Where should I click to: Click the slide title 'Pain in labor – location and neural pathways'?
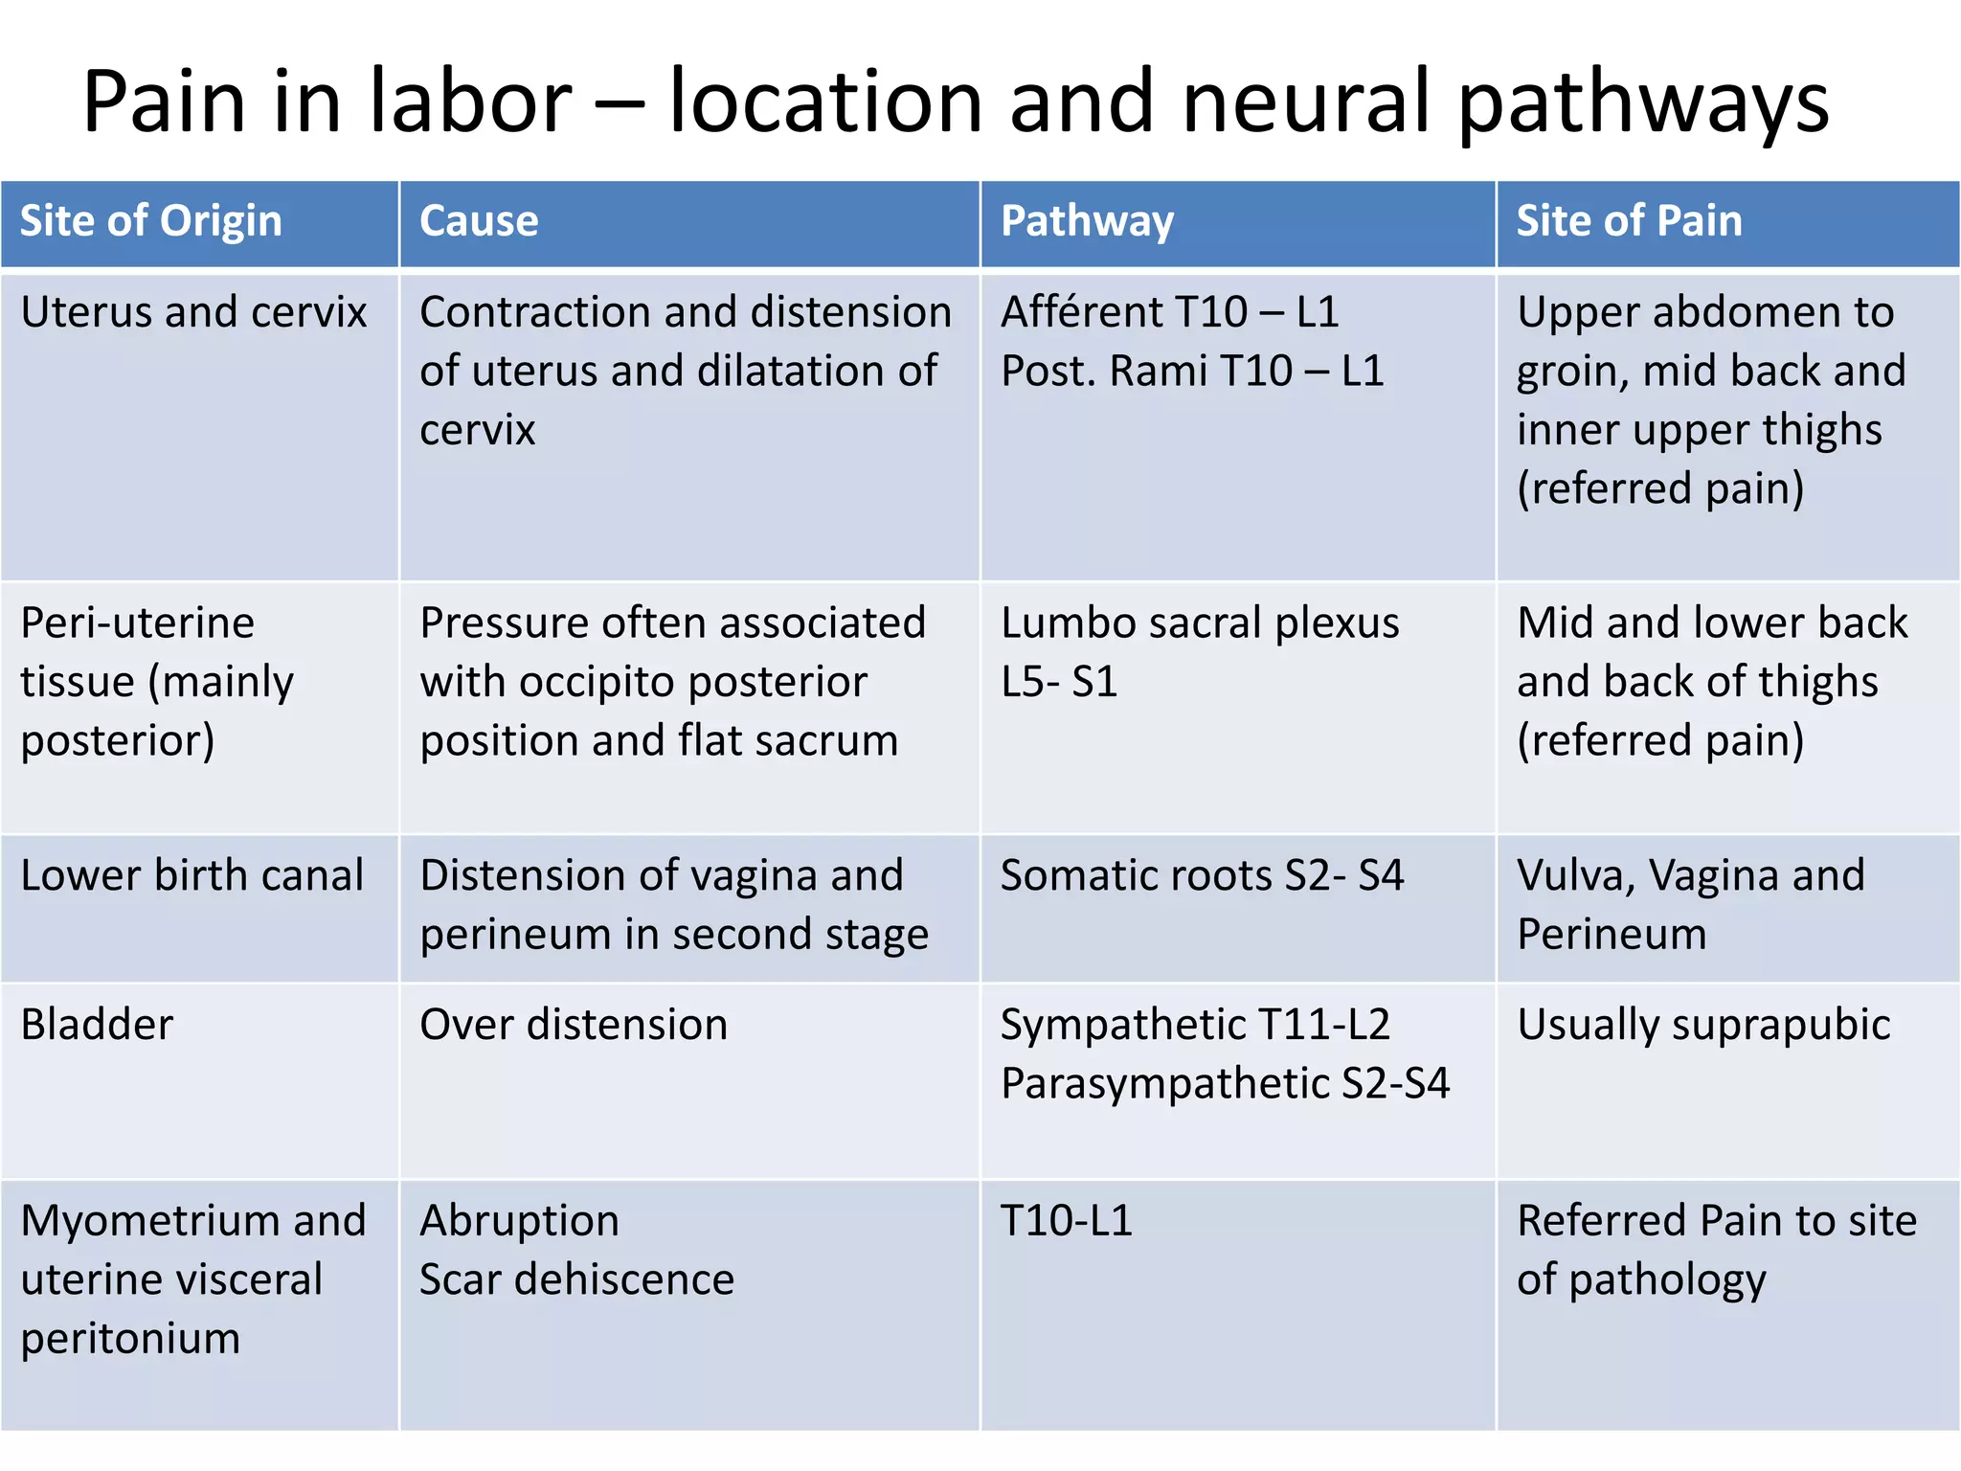(956, 102)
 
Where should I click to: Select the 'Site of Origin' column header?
(151, 221)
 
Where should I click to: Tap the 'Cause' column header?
(479, 221)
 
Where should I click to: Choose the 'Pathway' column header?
(1087, 222)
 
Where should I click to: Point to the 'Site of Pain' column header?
(1629, 221)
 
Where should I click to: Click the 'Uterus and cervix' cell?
(193, 312)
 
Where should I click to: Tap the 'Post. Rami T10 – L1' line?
(1192, 372)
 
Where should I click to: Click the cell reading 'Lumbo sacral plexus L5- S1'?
(1200, 652)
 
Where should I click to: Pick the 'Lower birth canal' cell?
(192, 875)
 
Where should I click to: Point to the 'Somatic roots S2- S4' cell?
(1202, 875)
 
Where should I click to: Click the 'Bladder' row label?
(97, 1025)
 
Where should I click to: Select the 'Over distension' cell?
(574, 1025)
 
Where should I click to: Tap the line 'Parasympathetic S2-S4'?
(1225, 1084)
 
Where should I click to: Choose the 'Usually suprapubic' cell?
(1703, 1026)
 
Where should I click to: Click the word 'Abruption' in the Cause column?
(519, 1221)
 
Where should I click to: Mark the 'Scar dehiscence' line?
(576, 1279)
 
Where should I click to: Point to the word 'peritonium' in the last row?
(130, 1339)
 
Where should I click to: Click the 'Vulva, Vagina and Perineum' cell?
(1691, 905)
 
